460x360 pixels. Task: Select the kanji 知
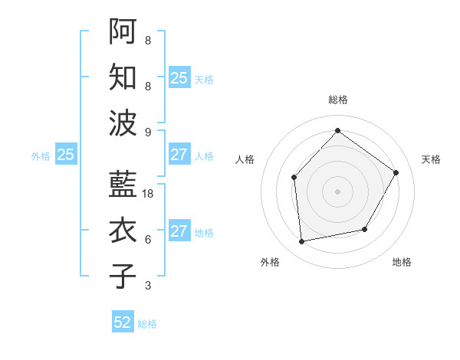coord(123,77)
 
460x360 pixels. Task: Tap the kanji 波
coord(123,123)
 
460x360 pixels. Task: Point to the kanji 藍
coord(123,184)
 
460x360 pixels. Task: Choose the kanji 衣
coord(123,230)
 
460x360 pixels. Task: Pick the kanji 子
coord(123,275)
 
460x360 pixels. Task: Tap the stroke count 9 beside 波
coord(147,132)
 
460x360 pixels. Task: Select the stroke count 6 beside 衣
coord(147,240)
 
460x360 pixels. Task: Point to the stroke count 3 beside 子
coord(147,286)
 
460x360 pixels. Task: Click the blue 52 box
coord(123,322)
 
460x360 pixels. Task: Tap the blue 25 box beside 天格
coord(179,77)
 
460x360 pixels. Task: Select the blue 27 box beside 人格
coord(179,155)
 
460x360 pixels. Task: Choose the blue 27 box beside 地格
coord(179,231)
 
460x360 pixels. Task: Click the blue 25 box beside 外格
coord(65,155)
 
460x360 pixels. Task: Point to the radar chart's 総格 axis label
coord(337,100)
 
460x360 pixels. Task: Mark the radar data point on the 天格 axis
coord(396,172)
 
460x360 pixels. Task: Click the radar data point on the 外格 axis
coord(302,242)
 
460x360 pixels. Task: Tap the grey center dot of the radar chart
coord(337,191)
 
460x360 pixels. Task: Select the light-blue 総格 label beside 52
coord(147,324)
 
